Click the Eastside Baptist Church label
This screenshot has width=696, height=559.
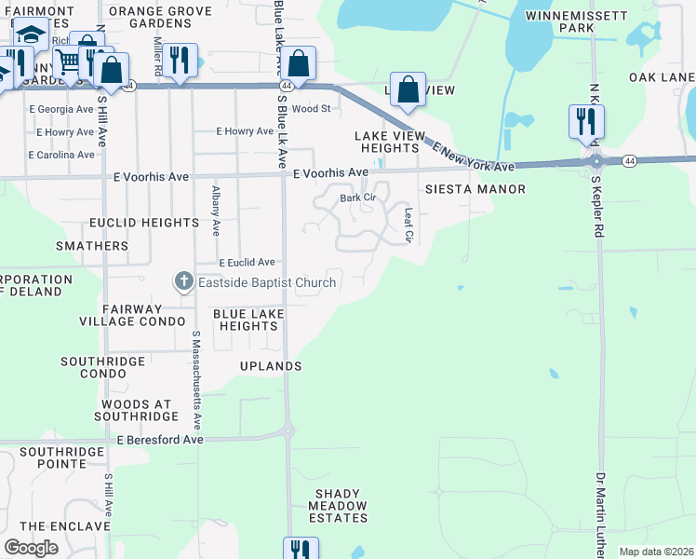pyautogui.click(x=267, y=281)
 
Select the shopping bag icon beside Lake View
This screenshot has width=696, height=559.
pyautogui.click(x=408, y=90)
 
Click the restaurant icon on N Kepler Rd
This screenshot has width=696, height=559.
pyautogui.click(x=586, y=121)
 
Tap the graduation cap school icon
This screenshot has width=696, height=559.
pyautogui.click(x=31, y=34)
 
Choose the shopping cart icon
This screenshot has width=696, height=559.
pyautogui.click(x=68, y=61)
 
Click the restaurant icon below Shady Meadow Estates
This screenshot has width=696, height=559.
pyautogui.click(x=301, y=550)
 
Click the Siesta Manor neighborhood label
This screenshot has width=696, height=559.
pyautogui.click(x=475, y=189)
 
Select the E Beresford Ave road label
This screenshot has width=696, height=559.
pyautogui.click(x=159, y=439)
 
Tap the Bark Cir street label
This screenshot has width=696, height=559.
pyautogui.click(x=357, y=198)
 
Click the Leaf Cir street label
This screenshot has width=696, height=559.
pyautogui.click(x=408, y=225)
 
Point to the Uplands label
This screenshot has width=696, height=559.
pyautogui.click(x=271, y=366)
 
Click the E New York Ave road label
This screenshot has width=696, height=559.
pyautogui.click(x=472, y=153)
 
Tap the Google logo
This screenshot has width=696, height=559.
pyautogui.click(x=31, y=548)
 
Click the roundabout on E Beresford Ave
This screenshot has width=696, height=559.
pyautogui.click(x=288, y=431)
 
